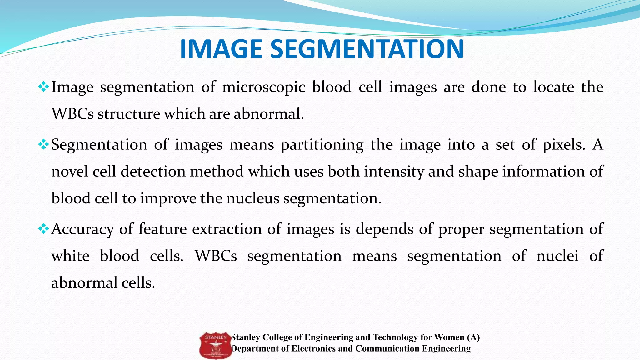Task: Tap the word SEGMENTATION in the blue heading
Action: [367, 49]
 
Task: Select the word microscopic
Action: [263, 87]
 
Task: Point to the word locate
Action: [553, 87]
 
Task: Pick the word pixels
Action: [563, 145]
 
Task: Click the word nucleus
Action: [252, 198]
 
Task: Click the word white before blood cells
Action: [70, 256]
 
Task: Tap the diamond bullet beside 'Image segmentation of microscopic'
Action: [43, 87]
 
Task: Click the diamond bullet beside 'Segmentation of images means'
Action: [43, 144]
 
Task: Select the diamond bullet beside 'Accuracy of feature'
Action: [43, 229]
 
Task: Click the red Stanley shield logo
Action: [216, 345]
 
